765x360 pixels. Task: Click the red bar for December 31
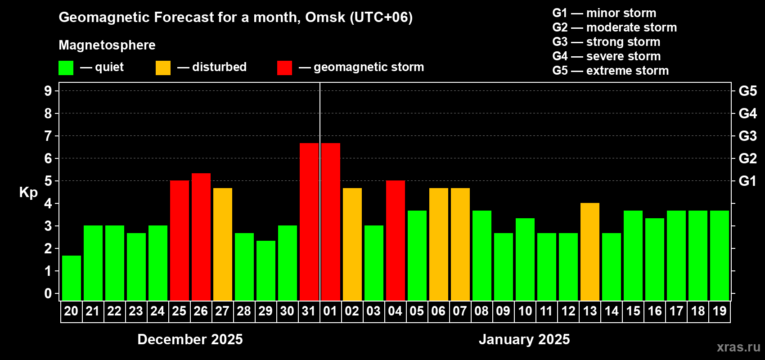coord(309,221)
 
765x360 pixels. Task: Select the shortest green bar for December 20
coord(72,278)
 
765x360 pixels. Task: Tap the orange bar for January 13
coord(590,252)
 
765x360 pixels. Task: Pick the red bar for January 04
coord(396,240)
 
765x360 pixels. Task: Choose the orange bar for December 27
coord(223,244)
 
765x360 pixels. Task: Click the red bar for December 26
coord(201,237)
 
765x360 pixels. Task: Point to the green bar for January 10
coord(525,259)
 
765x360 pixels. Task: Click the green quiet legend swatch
coord(66,68)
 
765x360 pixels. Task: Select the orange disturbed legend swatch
coord(163,68)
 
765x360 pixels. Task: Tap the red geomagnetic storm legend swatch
coord(285,68)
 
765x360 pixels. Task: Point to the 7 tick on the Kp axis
coord(48,136)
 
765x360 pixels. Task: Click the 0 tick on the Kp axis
coord(48,294)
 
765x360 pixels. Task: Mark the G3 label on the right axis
coord(747,136)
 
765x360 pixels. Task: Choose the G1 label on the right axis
coord(747,181)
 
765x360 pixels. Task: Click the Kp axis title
coord(28,193)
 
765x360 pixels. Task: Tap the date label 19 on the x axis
coord(720,311)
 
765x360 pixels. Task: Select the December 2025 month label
coord(190,339)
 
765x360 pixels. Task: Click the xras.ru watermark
coord(738,347)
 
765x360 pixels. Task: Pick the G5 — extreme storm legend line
coord(611,71)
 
